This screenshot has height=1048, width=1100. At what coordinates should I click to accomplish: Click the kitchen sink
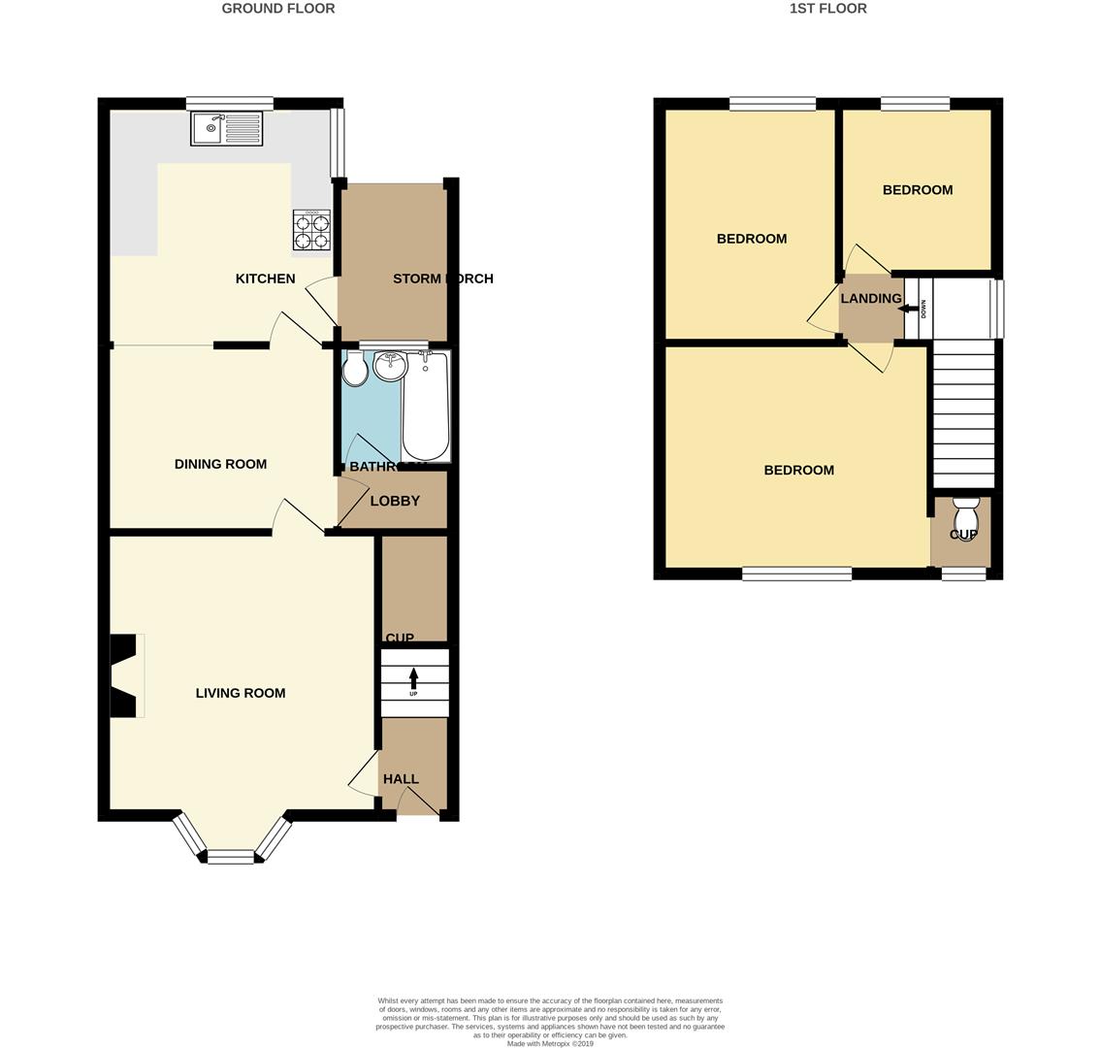[226, 128]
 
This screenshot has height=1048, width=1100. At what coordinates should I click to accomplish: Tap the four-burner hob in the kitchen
[311, 231]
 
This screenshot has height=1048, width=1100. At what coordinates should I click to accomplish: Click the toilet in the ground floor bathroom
[354, 369]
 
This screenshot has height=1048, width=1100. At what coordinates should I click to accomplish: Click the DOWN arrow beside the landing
[912, 310]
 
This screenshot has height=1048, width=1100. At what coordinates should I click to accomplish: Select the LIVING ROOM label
[241, 693]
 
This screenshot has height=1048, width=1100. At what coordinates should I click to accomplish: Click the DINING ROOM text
[220, 464]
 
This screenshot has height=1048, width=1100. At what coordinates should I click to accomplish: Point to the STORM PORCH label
[442, 278]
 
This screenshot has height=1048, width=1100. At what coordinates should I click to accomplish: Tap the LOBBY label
[395, 501]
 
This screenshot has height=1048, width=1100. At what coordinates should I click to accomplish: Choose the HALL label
[401, 778]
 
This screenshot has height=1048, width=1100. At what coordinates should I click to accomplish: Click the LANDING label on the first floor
[870, 299]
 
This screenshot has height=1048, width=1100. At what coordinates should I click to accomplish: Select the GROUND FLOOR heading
[278, 9]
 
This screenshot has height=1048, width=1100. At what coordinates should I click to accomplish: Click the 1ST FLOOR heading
[827, 9]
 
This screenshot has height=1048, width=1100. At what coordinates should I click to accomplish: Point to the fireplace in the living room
[124, 675]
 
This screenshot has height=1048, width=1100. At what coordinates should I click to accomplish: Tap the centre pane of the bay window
[231, 856]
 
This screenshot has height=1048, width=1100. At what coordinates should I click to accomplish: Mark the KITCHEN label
[265, 278]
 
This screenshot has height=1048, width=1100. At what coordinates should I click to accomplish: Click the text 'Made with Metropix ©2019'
[550, 1043]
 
